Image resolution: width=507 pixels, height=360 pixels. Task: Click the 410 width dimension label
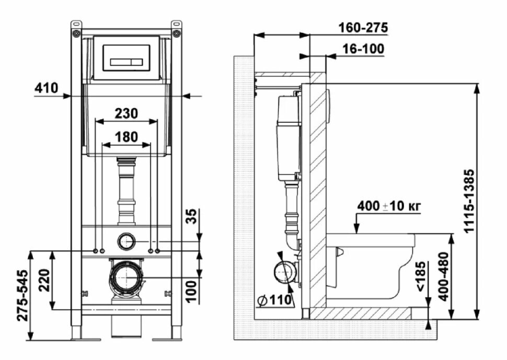point(46,88)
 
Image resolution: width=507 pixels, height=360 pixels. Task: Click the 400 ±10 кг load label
point(389,206)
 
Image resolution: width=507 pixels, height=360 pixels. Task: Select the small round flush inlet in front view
point(126,241)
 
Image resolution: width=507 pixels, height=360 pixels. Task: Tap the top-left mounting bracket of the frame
point(77,29)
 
